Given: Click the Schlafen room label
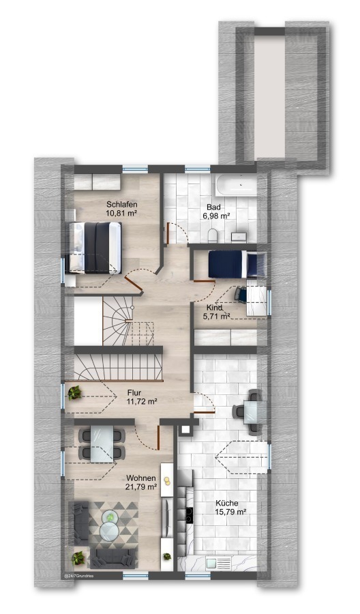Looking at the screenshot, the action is coord(121,205).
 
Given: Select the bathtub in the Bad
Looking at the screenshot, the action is coord(236,184).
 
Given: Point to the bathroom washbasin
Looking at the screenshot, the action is coord(239,237).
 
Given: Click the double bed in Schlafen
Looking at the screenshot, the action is coord(94,248).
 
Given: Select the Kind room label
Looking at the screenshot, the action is coord(214,308).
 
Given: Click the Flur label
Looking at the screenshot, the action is coord(134,393).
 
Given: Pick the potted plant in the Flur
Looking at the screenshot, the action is coord(74,393).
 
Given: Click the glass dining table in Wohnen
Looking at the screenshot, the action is coord(102,443).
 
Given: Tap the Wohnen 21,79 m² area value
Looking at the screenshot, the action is coord(141,486).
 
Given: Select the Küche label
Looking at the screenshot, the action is coord(226,503).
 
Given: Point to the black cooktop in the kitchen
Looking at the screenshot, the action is coord(190,515).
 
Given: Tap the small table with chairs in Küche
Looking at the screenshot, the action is coord(250,411).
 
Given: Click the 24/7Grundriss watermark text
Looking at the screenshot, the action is coord(78,576).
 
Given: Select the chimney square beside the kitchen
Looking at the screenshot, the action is coord(185,430).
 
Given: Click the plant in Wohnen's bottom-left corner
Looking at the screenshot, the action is coord(78,557).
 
